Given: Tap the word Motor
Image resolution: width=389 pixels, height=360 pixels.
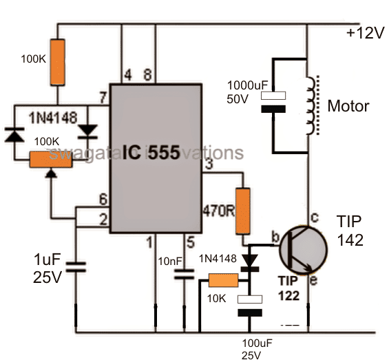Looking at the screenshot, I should pyautogui.click(x=348, y=107).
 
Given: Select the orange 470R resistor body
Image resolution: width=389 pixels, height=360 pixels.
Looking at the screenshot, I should pyautogui.click(x=242, y=211).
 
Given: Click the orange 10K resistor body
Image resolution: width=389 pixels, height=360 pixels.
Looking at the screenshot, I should pyautogui.click(x=224, y=280).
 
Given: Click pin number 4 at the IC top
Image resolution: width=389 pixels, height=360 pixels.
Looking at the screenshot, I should pyautogui.click(x=126, y=74).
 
